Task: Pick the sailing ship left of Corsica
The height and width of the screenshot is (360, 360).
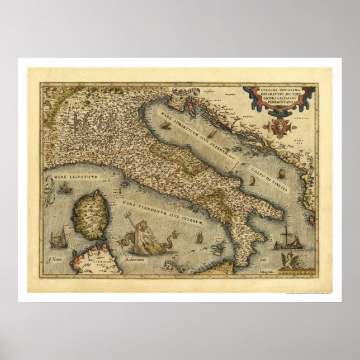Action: coord(58,237)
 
